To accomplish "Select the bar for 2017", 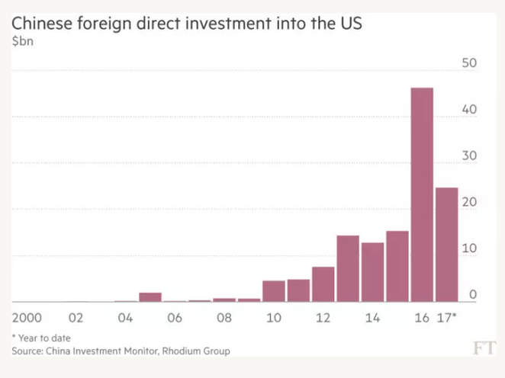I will click(x=446, y=245).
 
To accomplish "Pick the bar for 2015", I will click(x=397, y=266).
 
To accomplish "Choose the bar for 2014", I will click(x=372, y=272).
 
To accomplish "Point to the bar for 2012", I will click(x=323, y=284).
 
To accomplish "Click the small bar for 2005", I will click(x=150, y=297).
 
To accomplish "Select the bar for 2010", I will click(x=274, y=291).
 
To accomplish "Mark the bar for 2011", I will click(x=298, y=290).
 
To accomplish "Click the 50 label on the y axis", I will click(x=470, y=62).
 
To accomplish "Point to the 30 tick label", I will click(x=470, y=155).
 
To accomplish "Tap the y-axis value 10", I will click(x=470, y=248).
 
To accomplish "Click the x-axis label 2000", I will click(x=27, y=316).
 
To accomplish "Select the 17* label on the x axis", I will click(x=447, y=316).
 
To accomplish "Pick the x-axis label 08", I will click(x=224, y=316).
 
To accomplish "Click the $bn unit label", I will click(x=22, y=40).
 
